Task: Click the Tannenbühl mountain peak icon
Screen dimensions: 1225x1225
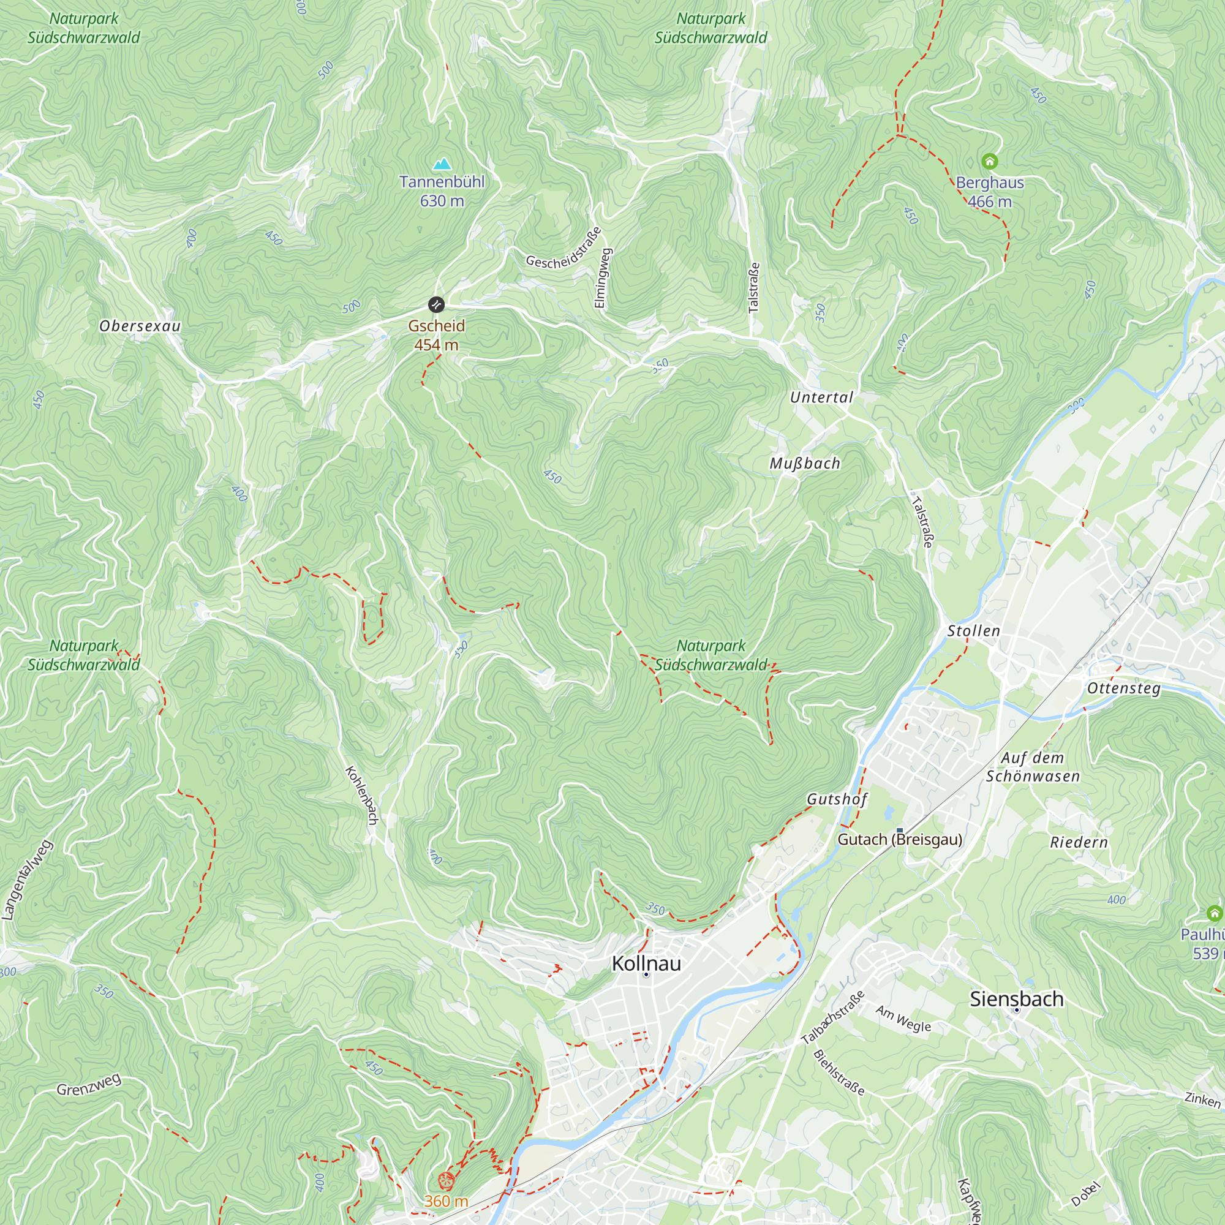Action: tap(442, 165)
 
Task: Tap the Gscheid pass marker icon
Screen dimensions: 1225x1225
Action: tap(436, 304)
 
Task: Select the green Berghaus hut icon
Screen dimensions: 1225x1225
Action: tap(990, 161)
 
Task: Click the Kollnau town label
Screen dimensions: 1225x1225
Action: tap(646, 963)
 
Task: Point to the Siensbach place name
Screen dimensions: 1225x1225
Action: tap(1016, 998)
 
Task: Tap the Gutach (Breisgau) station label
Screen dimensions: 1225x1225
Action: tap(900, 840)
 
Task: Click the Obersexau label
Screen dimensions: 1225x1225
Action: tap(140, 326)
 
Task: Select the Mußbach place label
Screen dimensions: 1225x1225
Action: tap(805, 464)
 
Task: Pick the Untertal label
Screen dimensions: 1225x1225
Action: tap(821, 398)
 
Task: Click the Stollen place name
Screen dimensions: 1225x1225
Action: tap(973, 631)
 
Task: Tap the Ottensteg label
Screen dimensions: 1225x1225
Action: tap(1123, 688)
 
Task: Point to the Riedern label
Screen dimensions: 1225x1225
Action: tap(1079, 843)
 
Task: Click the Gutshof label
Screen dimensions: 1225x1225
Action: tap(836, 799)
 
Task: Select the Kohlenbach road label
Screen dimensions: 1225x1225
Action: tap(362, 795)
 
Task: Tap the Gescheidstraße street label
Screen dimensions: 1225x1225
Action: tap(563, 249)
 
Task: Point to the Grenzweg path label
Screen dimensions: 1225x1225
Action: tap(89, 1085)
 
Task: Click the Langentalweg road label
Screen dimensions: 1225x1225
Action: tap(26, 880)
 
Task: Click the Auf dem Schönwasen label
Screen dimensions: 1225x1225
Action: tap(1032, 767)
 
